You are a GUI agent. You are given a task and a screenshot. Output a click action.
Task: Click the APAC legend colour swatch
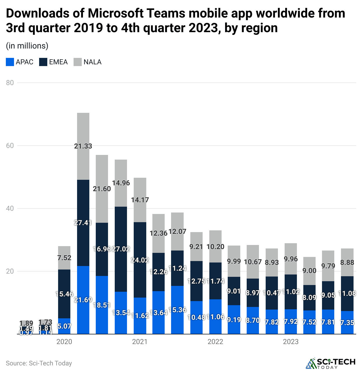point(10,62)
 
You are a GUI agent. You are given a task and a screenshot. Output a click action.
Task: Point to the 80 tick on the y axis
point(10,83)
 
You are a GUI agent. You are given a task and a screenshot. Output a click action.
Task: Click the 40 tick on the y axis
point(10,208)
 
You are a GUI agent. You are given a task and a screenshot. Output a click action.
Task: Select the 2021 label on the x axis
point(140,342)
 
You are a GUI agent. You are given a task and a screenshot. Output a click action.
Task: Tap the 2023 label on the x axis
point(291,342)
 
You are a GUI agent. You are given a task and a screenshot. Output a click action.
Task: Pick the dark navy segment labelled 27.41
point(83,223)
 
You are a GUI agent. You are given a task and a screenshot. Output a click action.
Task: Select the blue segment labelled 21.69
point(83,300)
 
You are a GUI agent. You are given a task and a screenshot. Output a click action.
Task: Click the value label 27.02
point(121,249)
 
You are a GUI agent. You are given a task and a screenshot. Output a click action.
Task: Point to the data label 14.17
point(140,200)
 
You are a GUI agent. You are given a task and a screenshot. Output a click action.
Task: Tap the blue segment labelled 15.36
point(177,310)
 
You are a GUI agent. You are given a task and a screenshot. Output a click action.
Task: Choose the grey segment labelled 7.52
point(64,258)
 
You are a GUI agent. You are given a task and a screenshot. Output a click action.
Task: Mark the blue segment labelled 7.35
point(347,322)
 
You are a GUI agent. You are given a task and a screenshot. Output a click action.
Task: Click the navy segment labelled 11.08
point(347,293)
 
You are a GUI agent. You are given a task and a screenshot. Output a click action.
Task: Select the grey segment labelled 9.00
point(309,271)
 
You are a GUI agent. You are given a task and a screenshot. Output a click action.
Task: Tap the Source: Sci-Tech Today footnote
point(39,363)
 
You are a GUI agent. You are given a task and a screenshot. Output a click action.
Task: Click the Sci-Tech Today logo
point(330,363)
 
